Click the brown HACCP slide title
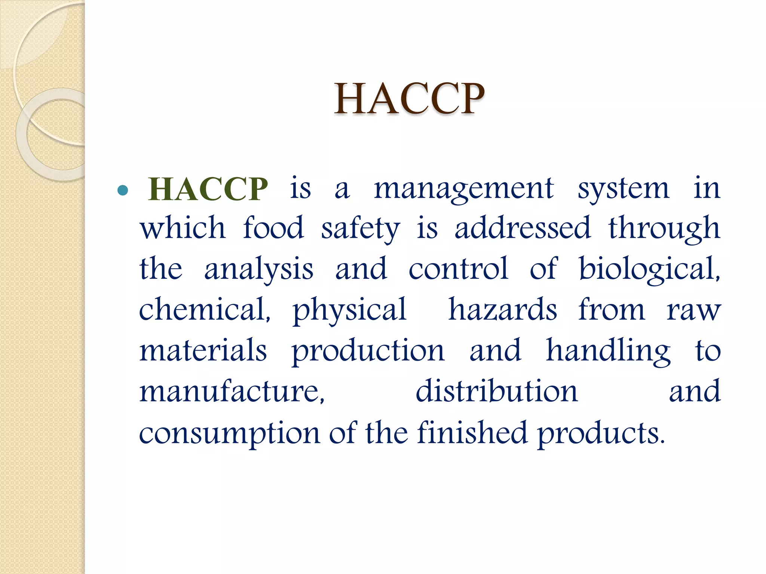409,98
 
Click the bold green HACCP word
208,189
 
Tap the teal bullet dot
123,191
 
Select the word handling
608,351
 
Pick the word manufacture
232,391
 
